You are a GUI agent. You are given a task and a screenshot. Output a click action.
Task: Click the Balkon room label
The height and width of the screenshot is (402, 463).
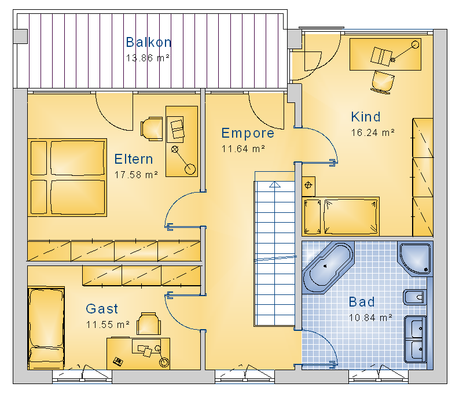click(x=149, y=42)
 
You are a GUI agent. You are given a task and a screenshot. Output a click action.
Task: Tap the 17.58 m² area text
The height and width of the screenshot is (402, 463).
click(x=136, y=175)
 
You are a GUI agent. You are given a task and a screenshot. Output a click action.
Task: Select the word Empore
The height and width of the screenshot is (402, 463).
click(x=248, y=133)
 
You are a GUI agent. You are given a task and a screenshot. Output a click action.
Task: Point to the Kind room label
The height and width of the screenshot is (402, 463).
click(x=366, y=117)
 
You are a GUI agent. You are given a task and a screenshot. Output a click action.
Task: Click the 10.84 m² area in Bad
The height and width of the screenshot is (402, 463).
click(x=370, y=318)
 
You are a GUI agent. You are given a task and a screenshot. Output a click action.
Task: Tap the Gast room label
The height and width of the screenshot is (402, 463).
click(x=102, y=309)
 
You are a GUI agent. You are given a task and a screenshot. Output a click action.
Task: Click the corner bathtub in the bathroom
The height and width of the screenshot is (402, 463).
click(x=328, y=267)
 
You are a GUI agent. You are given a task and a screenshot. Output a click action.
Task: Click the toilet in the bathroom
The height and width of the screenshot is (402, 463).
click(x=415, y=297)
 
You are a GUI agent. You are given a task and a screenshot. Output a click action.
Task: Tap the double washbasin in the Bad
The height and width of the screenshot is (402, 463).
click(x=415, y=339)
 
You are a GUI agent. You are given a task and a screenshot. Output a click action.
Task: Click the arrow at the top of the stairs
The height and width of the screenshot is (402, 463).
click(x=275, y=185)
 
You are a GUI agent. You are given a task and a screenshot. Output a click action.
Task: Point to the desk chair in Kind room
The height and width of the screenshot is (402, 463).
click(x=383, y=82)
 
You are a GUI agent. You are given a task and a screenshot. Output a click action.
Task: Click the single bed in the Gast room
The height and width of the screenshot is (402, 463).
click(x=46, y=328)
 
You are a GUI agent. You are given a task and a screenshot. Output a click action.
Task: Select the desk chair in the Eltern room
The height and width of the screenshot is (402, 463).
click(x=152, y=128)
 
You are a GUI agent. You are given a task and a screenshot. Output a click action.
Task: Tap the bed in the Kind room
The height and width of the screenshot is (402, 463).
click(x=341, y=216)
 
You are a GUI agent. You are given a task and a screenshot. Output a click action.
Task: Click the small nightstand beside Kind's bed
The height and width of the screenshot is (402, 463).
click(x=308, y=186)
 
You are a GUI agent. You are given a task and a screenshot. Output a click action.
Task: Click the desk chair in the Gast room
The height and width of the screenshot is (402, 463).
click(x=149, y=324)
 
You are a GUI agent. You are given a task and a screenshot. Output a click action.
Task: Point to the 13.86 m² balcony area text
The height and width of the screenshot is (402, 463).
click(x=148, y=58)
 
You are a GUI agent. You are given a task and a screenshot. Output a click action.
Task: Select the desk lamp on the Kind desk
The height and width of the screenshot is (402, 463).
click(x=404, y=52)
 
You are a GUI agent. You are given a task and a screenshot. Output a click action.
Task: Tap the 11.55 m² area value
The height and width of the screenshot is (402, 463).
click(x=108, y=324)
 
